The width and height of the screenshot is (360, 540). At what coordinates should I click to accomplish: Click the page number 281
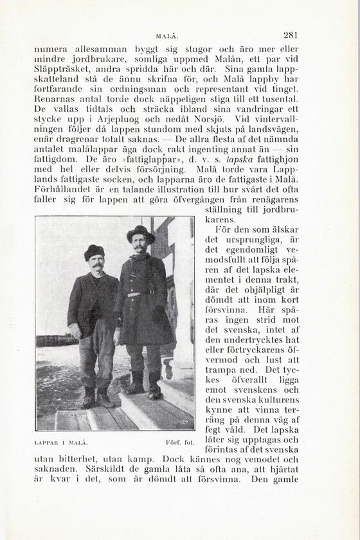pyautogui.click(x=290, y=35)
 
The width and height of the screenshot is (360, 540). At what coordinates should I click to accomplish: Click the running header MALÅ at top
pyautogui.click(x=166, y=35)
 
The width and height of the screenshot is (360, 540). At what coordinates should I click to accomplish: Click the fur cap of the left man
pyautogui.click(x=94, y=251)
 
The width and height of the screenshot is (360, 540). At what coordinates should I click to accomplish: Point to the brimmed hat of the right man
pyautogui.click(x=140, y=233)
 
